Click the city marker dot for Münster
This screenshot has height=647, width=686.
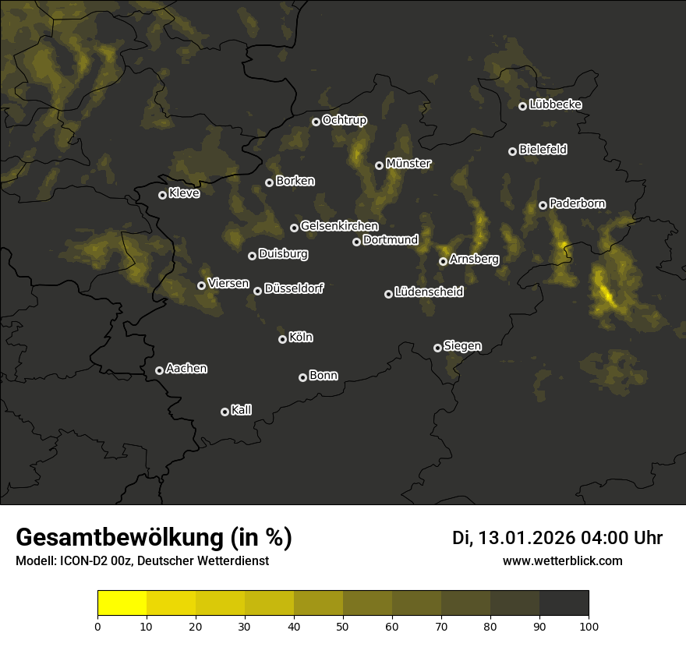click(x=379, y=165)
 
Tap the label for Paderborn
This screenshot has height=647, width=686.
click(x=577, y=203)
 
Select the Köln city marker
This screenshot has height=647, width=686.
click(x=282, y=339)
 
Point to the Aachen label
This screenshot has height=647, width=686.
click(x=186, y=369)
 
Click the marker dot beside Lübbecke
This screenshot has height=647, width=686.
click(x=522, y=106)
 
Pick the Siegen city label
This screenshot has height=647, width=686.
click(x=462, y=346)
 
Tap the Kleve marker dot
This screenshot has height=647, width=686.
click(x=162, y=195)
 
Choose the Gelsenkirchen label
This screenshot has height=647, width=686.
click(x=339, y=226)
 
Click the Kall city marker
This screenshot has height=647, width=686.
click(x=225, y=412)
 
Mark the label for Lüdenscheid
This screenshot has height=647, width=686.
click(x=429, y=292)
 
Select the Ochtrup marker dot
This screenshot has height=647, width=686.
click(x=316, y=122)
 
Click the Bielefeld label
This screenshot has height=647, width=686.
click(x=543, y=150)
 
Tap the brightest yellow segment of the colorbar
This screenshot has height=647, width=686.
click(x=122, y=603)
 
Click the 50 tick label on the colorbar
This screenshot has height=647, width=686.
click(x=343, y=626)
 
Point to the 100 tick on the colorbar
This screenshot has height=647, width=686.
click(x=589, y=626)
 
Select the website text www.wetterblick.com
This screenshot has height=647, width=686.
click(x=562, y=560)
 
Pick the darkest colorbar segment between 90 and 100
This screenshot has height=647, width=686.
click(x=564, y=603)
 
